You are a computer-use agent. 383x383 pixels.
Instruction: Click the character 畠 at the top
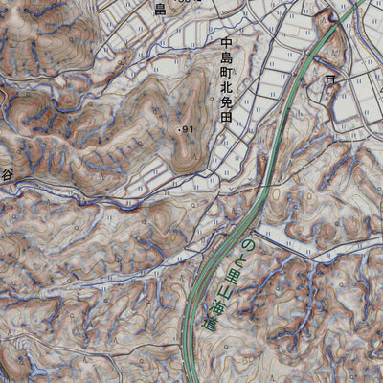click(160, 10)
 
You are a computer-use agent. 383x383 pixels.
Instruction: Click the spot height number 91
click(187, 129)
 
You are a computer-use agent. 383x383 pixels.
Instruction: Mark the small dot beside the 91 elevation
click(178, 128)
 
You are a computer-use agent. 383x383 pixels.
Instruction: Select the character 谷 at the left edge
click(6, 174)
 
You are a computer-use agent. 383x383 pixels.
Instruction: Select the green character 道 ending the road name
click(210, 324)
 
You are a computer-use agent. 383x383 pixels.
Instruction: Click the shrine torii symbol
click(330, 79)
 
